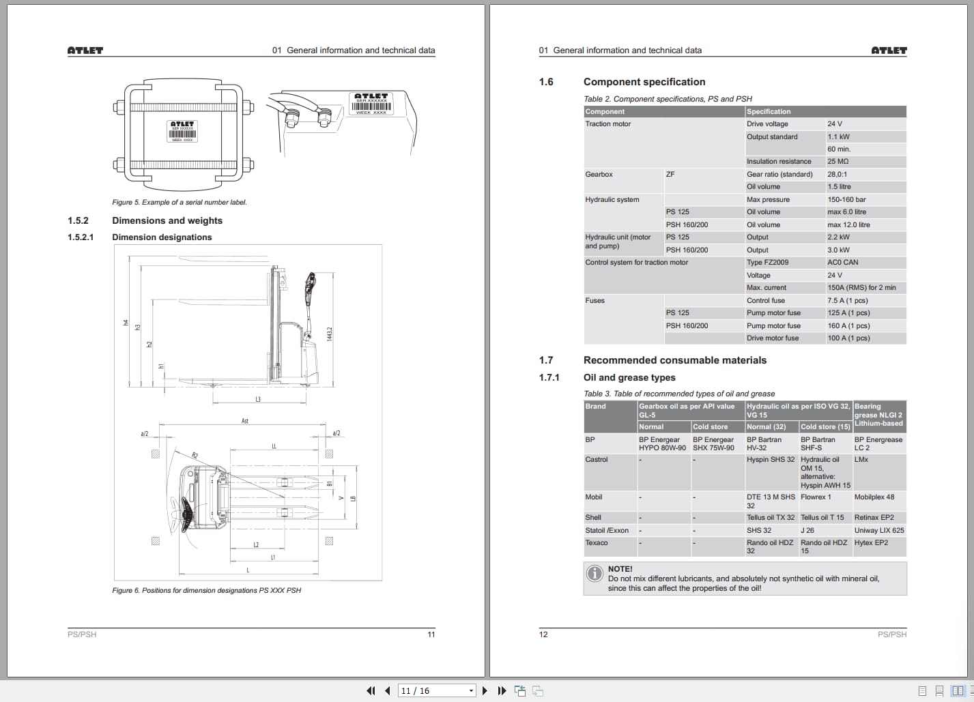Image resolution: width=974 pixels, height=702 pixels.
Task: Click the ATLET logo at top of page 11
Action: (85, 50)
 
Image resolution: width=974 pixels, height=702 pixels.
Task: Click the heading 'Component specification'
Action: (644, 82)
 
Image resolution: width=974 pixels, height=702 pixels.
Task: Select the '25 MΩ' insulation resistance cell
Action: (837, 162)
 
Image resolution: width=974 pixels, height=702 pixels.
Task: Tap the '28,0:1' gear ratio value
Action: (838, 175)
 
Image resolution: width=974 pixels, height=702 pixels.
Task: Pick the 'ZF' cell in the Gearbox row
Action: (670, 175)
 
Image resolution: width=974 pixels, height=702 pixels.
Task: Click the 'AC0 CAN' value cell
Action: (842, 263)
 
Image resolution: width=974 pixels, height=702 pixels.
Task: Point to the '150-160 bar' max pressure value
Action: (846, 200)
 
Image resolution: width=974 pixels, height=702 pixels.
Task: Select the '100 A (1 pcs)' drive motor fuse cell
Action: (848, 338)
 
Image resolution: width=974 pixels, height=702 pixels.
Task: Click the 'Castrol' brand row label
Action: (597, 460)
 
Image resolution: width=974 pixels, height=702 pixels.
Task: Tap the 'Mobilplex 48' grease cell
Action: (874, 497)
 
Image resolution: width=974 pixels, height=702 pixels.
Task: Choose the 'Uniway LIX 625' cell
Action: (878, 531)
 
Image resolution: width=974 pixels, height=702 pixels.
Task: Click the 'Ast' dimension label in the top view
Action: (245, 421)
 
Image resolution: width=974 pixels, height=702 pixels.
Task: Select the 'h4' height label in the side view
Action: (126, 323)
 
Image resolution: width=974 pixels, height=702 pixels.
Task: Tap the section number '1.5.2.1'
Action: (81, 237)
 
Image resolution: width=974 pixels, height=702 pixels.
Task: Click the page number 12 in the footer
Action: (543, 634)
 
